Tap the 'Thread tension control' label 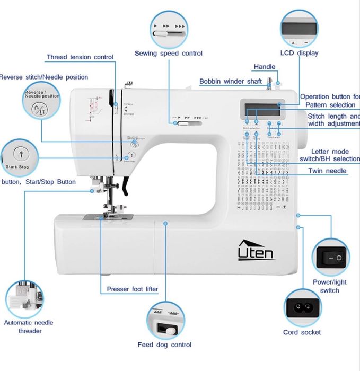80,57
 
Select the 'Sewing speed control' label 168,53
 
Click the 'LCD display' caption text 299,53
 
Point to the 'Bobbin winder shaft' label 231,82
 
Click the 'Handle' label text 265,67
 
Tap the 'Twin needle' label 327,171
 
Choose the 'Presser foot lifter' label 133,289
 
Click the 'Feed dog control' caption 164,344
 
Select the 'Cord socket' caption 302,332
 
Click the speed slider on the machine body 183,124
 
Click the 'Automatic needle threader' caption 28,326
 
